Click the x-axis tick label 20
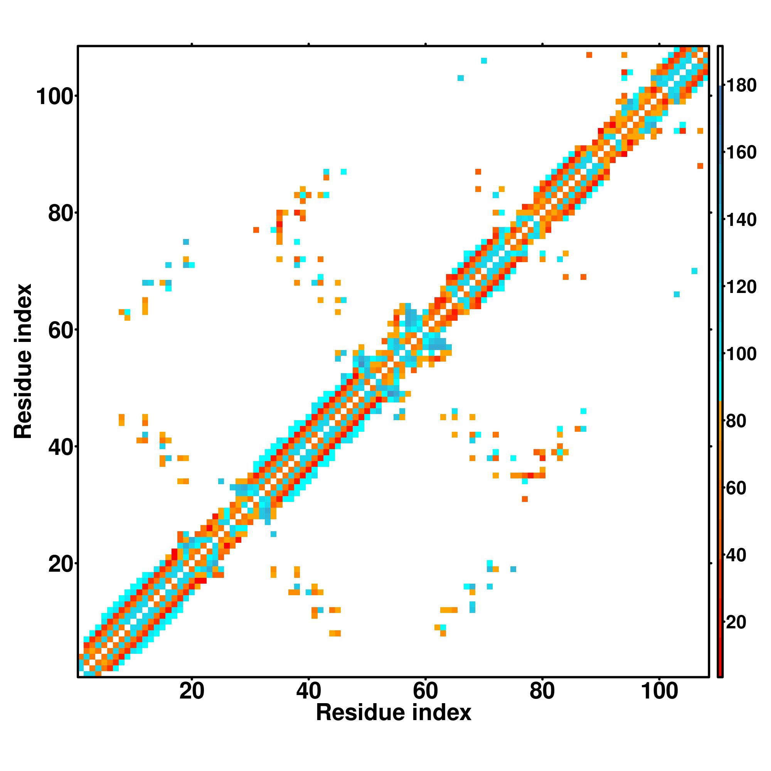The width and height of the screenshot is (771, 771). point(192,692)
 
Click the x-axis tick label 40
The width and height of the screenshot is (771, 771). point(308,692)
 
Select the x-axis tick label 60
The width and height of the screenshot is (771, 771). point(426,692)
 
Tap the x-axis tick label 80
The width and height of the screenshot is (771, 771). point(542,692)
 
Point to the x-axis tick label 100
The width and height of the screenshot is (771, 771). point(659,692)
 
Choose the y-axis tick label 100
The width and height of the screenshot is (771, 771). point(56,98)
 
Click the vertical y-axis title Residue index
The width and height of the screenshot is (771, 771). point(23,361)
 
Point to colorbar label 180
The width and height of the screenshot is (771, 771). point(741,86)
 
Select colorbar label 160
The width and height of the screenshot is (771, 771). point(741,152)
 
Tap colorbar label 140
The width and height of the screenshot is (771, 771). point(741,220)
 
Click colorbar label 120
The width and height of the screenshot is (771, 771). point(741,287)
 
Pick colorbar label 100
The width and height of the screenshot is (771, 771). point(741,354)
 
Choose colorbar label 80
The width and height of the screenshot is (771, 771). point(736,421)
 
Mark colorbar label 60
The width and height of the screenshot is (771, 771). point(736,488)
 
